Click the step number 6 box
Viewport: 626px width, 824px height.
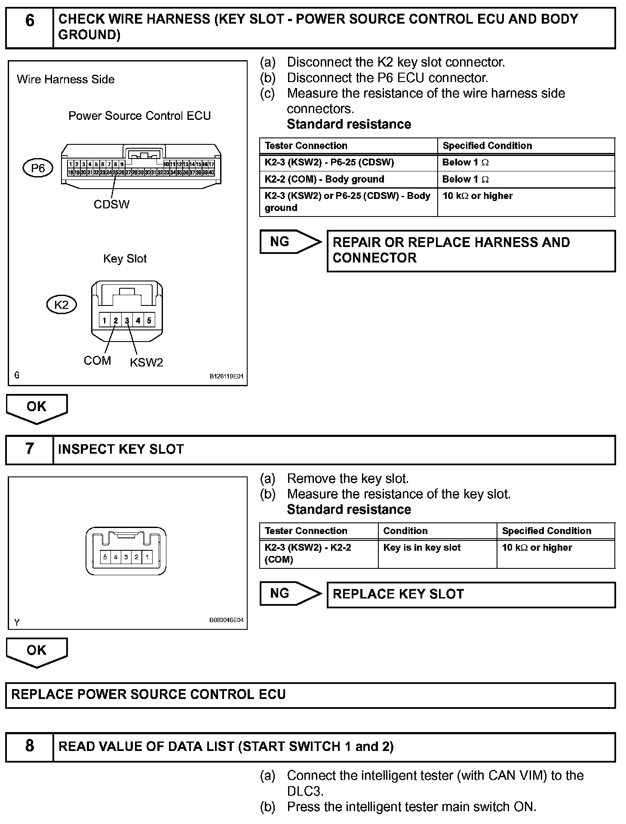click(x=29, y=27)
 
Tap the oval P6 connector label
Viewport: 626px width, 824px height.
click(x=37, y=168)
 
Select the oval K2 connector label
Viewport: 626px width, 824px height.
click(x=61, y=305)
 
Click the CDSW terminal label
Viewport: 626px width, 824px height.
click(x=111, y=204)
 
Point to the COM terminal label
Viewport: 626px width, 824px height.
click(x=97, y=360)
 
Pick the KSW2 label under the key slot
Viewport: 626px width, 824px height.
click(x=147, y=363)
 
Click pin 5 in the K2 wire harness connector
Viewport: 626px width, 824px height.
click(x=149, y=320)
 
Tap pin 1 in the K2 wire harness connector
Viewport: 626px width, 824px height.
click(x=104, y=320)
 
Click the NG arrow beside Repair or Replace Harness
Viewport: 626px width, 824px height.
click(x=290, y=242)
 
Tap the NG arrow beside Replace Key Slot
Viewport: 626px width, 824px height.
click(x=290, y=593)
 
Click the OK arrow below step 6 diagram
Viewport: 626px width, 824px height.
click(x=37, y=408)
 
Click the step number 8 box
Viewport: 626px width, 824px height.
click(x=29, y=746)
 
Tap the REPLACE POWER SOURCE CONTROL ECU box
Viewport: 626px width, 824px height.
click(x=310, y=695)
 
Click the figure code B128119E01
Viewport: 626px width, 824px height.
click(x=226, y=376)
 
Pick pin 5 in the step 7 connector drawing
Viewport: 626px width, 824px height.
click(x=105, y=557)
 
